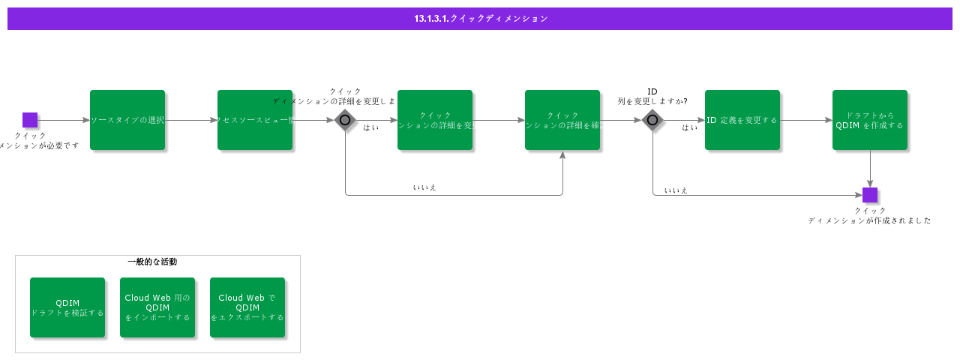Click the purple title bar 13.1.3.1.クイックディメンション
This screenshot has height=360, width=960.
(480, 19)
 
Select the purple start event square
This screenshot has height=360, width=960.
(30, 120)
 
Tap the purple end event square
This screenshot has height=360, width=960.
(870, 195)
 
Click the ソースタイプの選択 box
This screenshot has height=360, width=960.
(127, 120)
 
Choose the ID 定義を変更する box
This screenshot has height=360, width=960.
(742, 120)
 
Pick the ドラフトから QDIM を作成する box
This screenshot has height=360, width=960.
(870, 120)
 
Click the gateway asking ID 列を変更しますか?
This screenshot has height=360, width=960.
(652, 120)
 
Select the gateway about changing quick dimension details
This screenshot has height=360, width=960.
(345, 120)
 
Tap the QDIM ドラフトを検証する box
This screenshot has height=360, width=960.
(67, 307)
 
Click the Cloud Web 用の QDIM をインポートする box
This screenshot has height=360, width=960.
(157, 307)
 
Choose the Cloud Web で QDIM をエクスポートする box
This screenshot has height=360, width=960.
(247, 307)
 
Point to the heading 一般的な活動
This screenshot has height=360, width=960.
(152, 262)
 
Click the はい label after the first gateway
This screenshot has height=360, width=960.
(370, 127)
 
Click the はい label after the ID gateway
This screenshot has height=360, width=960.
(690, 127)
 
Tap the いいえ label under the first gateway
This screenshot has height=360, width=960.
(424, 187)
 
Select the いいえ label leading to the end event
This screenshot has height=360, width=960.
(676, 190)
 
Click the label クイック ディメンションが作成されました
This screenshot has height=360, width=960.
(870, 216)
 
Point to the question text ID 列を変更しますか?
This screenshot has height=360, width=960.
(652, 96)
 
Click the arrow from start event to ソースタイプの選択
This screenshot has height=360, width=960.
(64, 120)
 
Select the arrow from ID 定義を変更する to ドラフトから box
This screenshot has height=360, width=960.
(806, 120)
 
